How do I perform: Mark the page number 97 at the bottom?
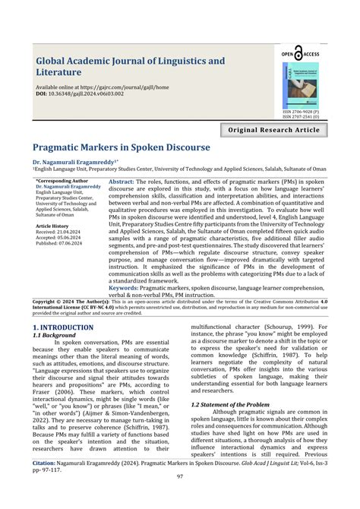point(180,498)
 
